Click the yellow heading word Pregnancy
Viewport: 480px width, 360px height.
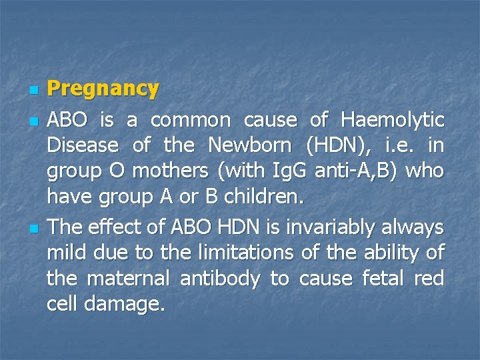(103, 89)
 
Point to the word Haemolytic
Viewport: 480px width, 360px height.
(392, 121)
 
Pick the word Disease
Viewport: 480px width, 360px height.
(83, 146)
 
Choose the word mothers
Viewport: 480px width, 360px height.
(170, 171)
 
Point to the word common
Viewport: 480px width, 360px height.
(191, 121)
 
